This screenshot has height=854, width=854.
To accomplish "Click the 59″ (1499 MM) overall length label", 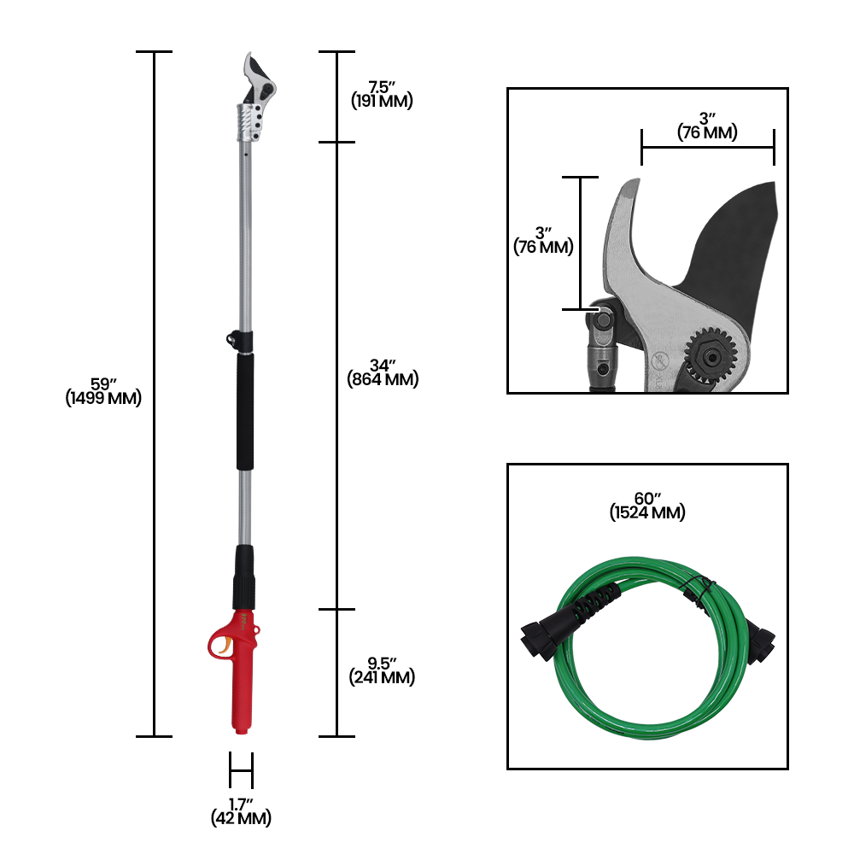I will pyautogui.click(x=103, y=391).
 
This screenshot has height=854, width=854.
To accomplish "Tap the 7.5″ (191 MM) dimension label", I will pyautogui.click(x=382, y=94).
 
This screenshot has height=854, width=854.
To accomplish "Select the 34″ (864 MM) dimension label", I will pyautogui.click(x=383, y=372).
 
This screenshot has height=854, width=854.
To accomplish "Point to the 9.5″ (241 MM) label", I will pyautogui.click(x=382, y=670).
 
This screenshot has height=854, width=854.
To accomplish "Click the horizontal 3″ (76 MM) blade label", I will pyautogui.click(x=707, y=126).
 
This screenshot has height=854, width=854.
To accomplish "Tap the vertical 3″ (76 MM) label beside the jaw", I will pyautogui.click(x=543, y=241).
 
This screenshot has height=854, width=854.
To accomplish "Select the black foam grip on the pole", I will pyautogui.click(x=245, y=412).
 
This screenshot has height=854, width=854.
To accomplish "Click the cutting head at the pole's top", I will pyautogui.click(x=257, y=81).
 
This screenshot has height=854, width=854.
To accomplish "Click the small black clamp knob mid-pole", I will pyautogui.click(x=231, y=337).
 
